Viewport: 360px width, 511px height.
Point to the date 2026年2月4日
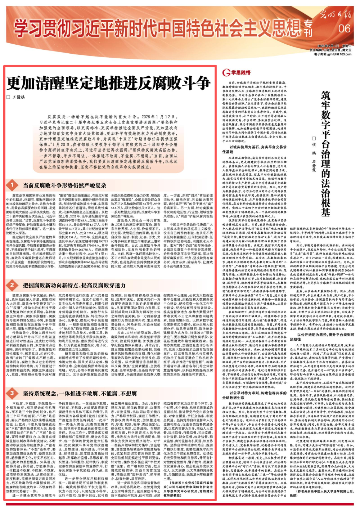(329, 46)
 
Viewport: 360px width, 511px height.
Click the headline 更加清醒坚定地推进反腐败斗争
(108, 84)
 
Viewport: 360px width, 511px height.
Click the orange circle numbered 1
(12, 185)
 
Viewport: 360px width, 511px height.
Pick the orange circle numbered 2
(12, 285)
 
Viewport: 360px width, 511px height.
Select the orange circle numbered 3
(12, 393)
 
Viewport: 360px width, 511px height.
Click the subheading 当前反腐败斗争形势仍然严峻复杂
(65, 185)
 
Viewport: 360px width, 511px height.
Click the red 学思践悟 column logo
(236, 72)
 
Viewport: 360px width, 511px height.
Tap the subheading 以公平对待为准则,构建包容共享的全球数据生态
(254, 395)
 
